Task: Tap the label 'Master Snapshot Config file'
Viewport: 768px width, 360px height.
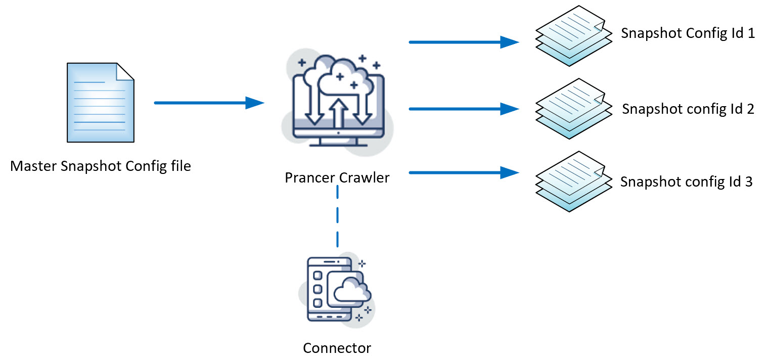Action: coord(101,166)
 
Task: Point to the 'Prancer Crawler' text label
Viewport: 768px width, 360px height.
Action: coord(337,178)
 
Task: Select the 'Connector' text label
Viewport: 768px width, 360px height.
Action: coord(337,348)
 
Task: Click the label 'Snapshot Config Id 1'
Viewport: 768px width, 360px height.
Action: coord(688,33)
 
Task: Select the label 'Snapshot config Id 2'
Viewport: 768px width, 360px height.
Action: coord(688,109)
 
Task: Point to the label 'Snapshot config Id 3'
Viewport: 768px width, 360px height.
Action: coord(686,182)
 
